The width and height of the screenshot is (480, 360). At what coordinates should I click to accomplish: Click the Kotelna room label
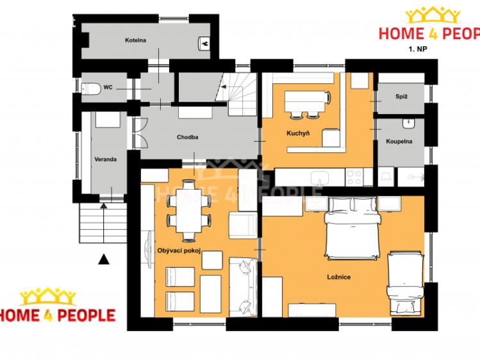(135, 40)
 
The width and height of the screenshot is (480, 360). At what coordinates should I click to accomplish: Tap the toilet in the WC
(91, 88)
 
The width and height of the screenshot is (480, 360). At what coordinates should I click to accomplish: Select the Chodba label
(187, 137)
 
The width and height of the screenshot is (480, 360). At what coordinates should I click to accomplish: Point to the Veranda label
(105, 159)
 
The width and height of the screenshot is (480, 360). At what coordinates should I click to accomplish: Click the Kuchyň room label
(298, 133)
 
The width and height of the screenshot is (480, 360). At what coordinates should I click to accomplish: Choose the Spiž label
(401, 96)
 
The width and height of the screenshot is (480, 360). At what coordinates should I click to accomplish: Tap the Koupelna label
(399, 142)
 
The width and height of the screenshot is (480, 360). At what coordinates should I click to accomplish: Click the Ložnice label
(339, 277)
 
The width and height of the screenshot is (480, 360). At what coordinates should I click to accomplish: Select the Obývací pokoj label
(179, 251)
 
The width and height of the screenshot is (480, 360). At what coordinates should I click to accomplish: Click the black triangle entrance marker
(104, 259)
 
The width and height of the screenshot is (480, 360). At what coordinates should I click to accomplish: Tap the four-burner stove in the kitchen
(354, 177)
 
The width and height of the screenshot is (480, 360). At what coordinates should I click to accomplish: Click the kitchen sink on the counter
(320, 178)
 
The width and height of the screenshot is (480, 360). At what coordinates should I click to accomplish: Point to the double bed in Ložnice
(352, 228)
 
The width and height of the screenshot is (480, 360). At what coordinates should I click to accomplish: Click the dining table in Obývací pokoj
(188, 211)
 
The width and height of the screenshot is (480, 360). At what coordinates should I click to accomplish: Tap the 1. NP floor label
(418, 49)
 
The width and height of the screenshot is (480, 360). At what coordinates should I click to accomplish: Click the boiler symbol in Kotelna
(204, 43)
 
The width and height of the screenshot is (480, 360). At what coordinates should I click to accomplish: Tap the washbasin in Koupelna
(408, 123)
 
